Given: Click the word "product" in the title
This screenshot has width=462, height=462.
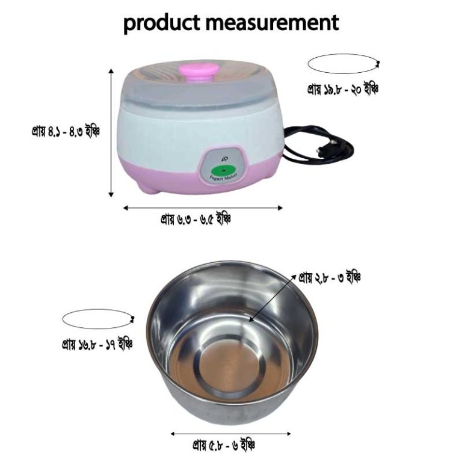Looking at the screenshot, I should (x=160, y=23).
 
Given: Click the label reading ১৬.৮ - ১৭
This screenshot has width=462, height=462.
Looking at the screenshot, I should (x=97, y=345).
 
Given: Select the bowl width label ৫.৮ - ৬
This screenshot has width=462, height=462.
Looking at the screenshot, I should (x=224, y=446).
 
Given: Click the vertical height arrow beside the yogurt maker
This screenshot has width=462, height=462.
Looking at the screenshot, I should (x=111, y=132).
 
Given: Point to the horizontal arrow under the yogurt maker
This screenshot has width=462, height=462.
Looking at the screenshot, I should (x=203, y=208).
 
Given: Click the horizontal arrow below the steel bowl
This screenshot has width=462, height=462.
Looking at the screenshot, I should (x=231, y=433).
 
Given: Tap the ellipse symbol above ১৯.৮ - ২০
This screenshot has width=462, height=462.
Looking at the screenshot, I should (x=342, y=64).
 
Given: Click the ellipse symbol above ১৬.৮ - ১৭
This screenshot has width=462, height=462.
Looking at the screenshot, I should (x=97, y=319).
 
